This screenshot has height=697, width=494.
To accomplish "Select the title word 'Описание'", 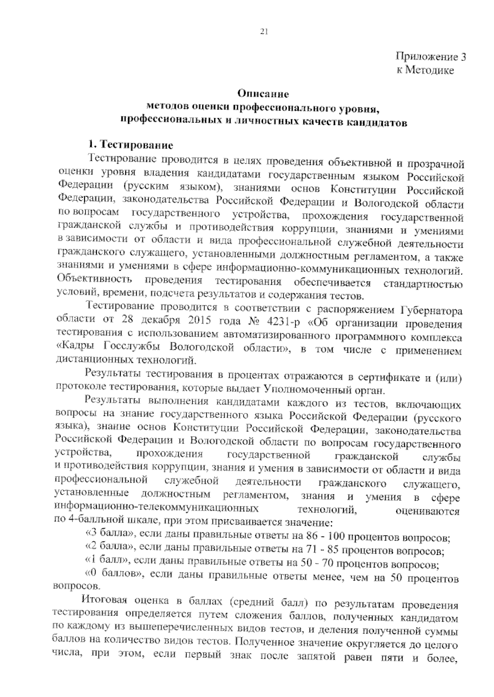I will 263,94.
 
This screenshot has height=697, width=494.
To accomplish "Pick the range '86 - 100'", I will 326,537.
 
